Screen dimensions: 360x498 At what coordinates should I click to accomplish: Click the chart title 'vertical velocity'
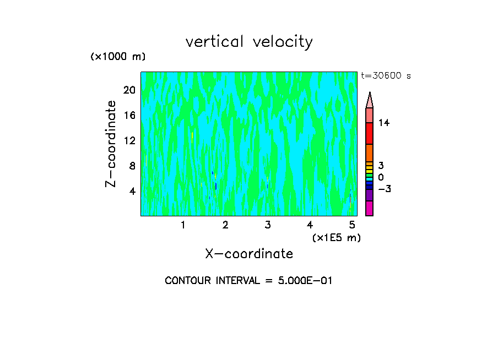coord(249,42)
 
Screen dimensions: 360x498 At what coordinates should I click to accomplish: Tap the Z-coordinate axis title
coord(111,143)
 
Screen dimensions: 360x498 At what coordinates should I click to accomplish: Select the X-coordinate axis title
coord(249,254)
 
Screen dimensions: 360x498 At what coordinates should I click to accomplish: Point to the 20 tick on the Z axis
coord(129,90)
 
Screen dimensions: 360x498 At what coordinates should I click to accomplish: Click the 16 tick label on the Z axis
coord(129,115)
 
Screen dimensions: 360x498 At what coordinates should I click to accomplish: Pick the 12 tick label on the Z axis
coord(129,140)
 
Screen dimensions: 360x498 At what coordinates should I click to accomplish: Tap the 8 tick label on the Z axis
coord(132,166)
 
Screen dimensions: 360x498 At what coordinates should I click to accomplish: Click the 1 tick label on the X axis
coord(183,225)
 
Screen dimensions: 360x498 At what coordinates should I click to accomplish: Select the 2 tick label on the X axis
coord(225,225)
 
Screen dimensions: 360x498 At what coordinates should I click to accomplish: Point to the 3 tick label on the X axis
coord(268,225)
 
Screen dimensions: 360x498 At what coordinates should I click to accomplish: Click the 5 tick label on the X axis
coord(352,225)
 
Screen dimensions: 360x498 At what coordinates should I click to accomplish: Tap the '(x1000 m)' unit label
coord(118,57)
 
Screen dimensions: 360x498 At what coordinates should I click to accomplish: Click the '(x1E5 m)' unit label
coord(336,238)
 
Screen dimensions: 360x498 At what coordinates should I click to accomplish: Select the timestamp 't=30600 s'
coord(386,76)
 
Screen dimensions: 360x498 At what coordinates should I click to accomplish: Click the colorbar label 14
coord(384,123)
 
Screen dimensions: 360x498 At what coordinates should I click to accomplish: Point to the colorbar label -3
coord(384,189)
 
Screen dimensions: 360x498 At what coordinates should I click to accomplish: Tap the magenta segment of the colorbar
coord(369,209)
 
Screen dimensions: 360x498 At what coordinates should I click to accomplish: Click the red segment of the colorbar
coord(369,133)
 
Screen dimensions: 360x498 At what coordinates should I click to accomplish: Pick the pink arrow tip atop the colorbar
coord(369,100)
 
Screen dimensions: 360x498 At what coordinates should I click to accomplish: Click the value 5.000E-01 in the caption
coord(305,281)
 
